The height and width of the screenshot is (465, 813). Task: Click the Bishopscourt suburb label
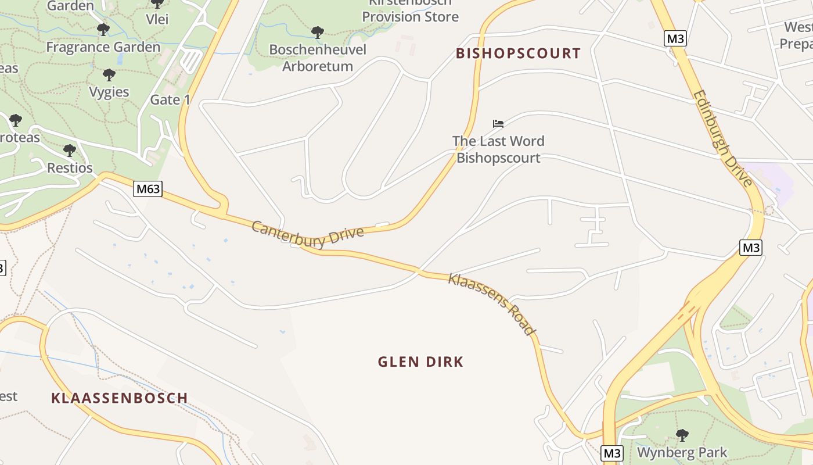(x=518, y=53)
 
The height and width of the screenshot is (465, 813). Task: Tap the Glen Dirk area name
(x=420, y=362)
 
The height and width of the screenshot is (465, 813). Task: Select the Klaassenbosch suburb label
(x=120, y=398)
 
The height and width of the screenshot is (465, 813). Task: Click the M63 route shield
(x=147, y=189)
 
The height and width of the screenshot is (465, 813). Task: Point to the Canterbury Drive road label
(x=308, y=235)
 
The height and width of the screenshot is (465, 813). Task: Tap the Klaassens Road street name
(x=491, y=304)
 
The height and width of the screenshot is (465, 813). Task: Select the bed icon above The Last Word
(x=498, y=124)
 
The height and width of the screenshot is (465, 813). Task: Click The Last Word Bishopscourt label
(x=498, y=149)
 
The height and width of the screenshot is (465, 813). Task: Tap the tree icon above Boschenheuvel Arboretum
(x=317, y=32)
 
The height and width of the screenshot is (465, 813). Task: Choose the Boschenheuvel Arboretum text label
(x=318, y=58)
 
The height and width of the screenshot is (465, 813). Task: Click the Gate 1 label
(x=170, y=100)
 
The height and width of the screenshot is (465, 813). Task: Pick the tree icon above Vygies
(x=109, y=74)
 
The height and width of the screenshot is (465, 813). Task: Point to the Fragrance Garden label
(x=103, y=47)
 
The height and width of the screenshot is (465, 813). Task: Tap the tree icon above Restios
(x=70, y=151)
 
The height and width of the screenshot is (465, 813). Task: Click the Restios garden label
(x=70, y=168)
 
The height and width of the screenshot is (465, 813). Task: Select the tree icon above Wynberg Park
(x=682, y=435)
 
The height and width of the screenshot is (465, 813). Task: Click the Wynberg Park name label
(x=682, y=452)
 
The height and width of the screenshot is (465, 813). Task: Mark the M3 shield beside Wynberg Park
(x=611, y=453)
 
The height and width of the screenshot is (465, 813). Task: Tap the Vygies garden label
(x=109, y=92)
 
